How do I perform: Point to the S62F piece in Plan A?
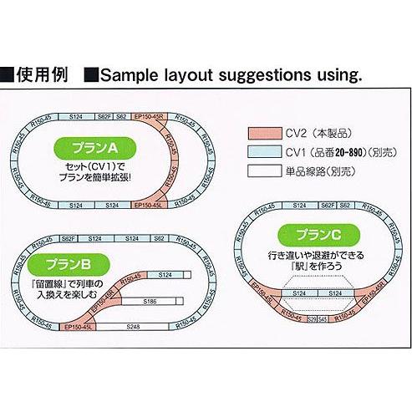[x=104, y=118]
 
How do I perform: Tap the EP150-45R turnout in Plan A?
[x=150, y=118]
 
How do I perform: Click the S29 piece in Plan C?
[x=312, y=318]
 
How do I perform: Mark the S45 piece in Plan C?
[x=322, y=318]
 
